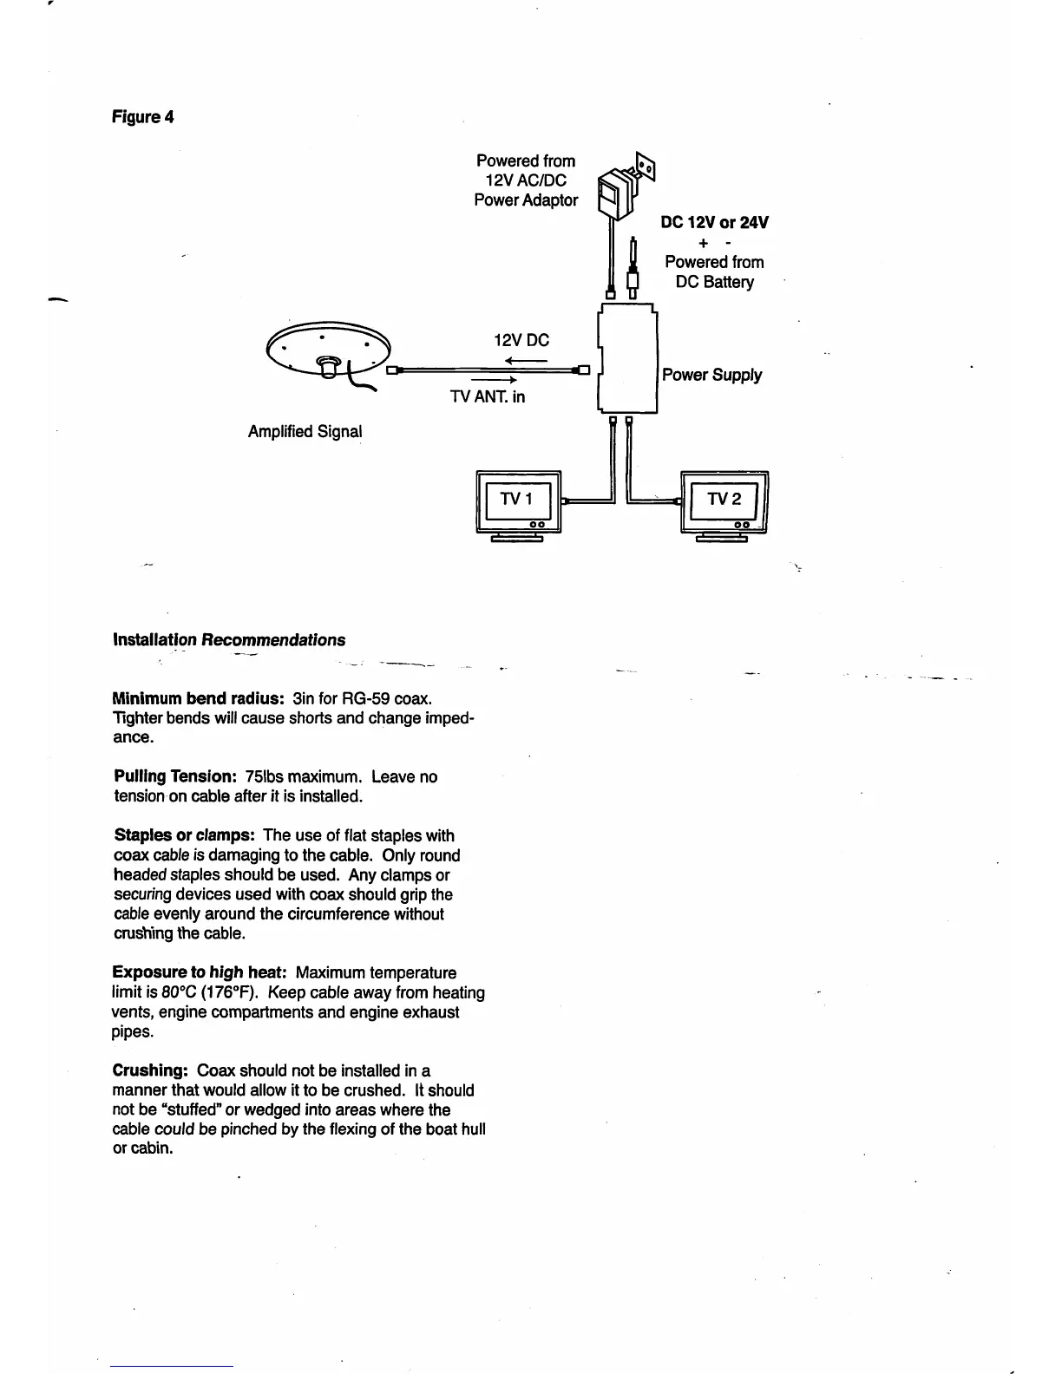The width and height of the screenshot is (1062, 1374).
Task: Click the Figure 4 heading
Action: (x=143, y=117)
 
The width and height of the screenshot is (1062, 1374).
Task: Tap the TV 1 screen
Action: (x=515, y=499)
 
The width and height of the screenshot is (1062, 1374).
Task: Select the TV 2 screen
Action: (x=724, y=499)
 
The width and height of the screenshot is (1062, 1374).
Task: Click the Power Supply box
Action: (x=627, y=360)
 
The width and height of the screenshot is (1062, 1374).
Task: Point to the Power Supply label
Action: (x=711, y=375)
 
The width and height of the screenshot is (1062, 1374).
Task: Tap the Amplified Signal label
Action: (x=305, y=431)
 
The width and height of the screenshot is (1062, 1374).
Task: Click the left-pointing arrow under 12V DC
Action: (x=525, y=360)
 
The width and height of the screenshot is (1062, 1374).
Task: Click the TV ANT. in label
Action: (x=487, y=397)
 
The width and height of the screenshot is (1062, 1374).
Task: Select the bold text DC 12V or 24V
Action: (x=714, y=223)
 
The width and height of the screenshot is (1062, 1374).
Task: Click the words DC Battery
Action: (x=715, y=282)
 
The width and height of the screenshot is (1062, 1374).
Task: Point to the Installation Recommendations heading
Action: (x=229, y=640)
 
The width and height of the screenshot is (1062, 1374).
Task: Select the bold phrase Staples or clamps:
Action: (x=184, y=835)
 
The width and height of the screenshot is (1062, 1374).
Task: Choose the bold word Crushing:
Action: (x=151, y=1070)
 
